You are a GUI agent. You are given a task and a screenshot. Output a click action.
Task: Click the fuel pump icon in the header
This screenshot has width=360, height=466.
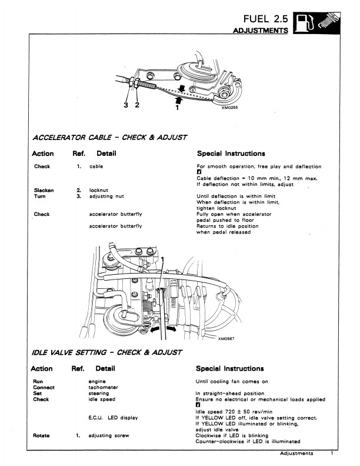pyautogui.click(x=305, y=23)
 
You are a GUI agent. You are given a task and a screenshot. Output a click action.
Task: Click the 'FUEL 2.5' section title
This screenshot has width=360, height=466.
pyautogui.click(x=265, y=19)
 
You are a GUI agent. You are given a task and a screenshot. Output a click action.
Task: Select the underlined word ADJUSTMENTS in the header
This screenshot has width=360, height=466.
pyautogui.click(x=260, y=31)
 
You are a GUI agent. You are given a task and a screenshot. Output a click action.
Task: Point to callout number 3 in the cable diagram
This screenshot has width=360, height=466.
pyautogui.click(x=126, y=105)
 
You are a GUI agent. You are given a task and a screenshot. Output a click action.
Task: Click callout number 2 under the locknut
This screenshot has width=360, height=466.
pyautogui.click(x=137, y=105)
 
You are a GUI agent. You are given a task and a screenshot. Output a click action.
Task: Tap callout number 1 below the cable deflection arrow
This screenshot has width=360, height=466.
pyautogui.click(x=177, y=108)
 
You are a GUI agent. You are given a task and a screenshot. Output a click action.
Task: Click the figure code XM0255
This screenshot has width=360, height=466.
pyautogui.click(x=229, y=108)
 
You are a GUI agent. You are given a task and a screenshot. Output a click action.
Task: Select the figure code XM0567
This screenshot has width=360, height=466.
pyautogui.click(x=226, y=338)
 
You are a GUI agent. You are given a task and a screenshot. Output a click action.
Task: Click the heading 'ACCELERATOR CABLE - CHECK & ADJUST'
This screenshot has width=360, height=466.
pyautogui.click(x=109, y=138)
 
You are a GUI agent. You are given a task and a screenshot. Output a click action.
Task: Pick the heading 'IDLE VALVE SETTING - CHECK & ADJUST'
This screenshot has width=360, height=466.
pyautogui.click(x=107, y=352)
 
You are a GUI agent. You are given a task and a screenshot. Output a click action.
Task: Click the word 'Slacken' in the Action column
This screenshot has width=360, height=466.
pyautogui.click(x=44, y=190)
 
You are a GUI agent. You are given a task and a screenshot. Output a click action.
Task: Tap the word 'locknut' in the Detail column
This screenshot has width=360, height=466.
pyautogui.click(x=99, y=190)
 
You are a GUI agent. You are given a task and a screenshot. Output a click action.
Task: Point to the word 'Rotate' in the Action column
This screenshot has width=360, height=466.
pyautogui.click(x=41, y=435)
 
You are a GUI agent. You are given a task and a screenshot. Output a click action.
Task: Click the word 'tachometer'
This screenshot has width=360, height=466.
pyautogui.click(x=103, y=387)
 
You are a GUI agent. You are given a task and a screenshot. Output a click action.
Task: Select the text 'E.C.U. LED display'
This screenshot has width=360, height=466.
pyautogui.click(x=113, y=418)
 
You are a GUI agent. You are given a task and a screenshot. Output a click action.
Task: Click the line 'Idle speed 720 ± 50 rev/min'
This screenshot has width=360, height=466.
pyautogui.click(x=234, y=412)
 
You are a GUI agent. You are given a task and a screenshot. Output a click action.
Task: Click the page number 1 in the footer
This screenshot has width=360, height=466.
pyautogui.click(x=332, y=453)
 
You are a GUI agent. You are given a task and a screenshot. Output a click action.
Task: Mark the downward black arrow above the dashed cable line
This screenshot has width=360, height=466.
pyautogui.click(x=182, y=88)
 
